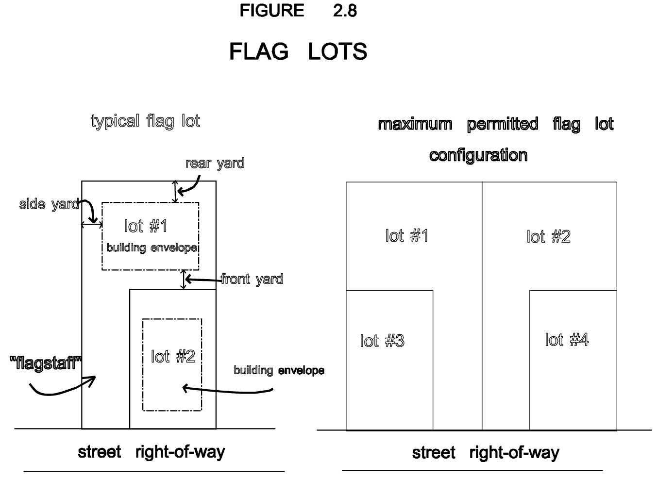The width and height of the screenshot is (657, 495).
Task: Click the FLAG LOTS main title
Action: tap(298, 51)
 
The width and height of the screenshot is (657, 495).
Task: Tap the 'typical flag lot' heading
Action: tap(145, 121)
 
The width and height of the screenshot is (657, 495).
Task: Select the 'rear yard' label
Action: tap(215, 163)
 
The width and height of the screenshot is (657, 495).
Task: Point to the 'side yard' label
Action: tap(49, 204)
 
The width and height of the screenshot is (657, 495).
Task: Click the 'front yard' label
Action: tap(252, 279)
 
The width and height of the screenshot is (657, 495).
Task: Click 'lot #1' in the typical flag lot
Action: tap(146, 226)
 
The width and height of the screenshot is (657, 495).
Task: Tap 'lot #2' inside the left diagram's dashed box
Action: tap(173, 357)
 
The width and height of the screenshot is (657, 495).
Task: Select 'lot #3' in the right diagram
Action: tap(382, 341)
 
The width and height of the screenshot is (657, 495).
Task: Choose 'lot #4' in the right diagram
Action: tap(567, 340)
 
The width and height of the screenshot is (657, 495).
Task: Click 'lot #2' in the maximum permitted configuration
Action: tap(548, 237)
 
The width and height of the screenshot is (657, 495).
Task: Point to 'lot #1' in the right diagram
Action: tap(406, 236)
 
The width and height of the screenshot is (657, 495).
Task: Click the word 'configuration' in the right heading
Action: tap(478, 155)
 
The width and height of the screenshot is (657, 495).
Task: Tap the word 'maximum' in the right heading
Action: tap(415, 124)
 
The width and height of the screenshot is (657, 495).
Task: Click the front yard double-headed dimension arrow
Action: tap(183, 280)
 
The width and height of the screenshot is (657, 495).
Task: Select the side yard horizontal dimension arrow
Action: tap(91, 224)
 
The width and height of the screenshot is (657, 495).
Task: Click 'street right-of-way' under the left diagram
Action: tap(152, 452)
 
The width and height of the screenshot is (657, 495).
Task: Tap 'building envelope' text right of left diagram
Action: tap(279, 371)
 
